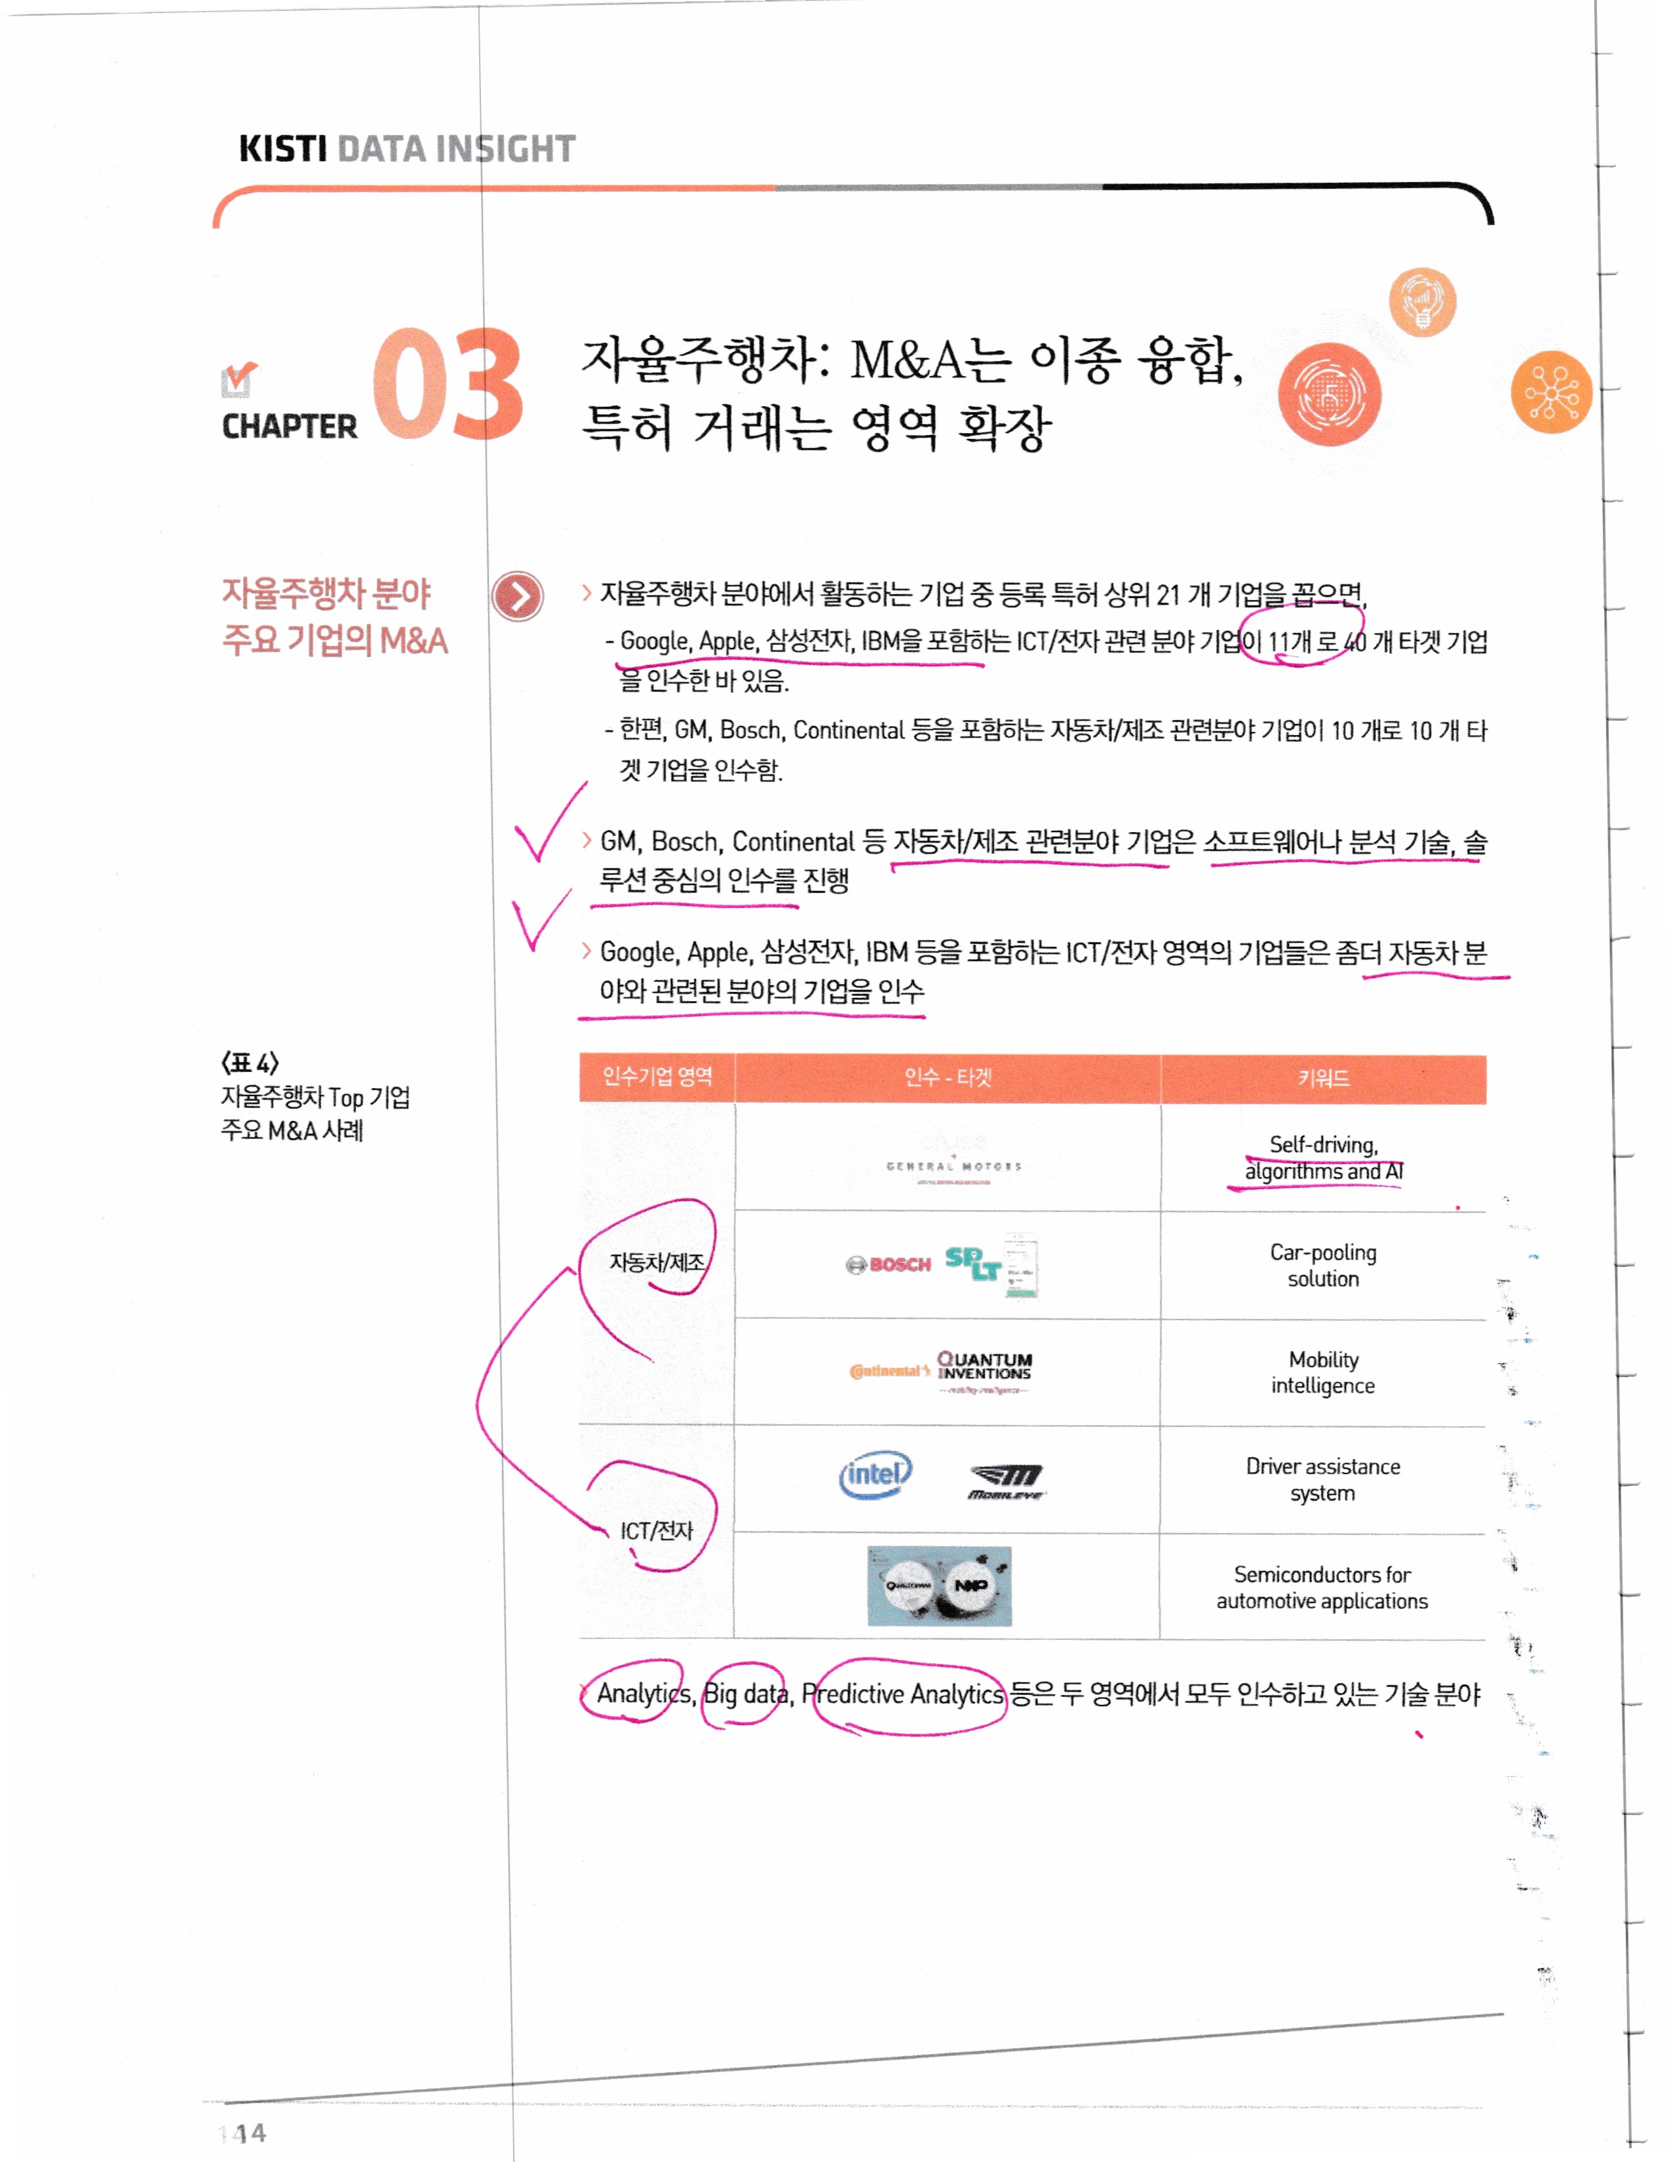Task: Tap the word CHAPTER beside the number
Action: (289, 427)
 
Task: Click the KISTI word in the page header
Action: (282, 149)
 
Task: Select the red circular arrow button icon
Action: (517, 596)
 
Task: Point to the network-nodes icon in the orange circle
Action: (1550, 392)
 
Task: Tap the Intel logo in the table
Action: (875, 1474)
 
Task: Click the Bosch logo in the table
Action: (889, 1264)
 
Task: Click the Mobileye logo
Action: (1006, 1481)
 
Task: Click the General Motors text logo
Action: (952, 1166)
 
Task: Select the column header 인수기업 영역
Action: (657, 1077)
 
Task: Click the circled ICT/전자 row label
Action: (657, 1530)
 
